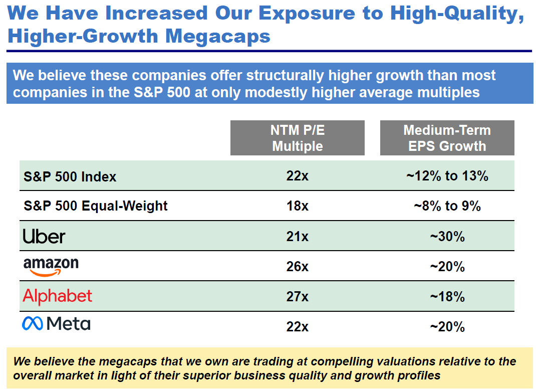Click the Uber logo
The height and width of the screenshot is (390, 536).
click(x=44, y=237)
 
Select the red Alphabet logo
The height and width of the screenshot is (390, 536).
click(x=58, y=296)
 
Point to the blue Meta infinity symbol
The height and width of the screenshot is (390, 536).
click(x=33, y=323)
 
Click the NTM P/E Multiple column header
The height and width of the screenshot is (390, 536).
click(x=298, y=138)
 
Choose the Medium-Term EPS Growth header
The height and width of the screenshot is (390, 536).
click(x=447, y=138)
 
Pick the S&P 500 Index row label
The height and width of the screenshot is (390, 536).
click(x=70, y=176)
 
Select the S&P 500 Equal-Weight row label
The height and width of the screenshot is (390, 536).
click(x=96, y=206)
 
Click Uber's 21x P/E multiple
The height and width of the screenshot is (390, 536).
click(x=298, y=237)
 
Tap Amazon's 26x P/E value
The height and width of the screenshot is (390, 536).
click(x=298, y=267)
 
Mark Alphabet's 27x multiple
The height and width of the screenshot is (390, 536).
click(x=298, y=297)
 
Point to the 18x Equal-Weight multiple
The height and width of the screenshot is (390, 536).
click(x=298, y=206)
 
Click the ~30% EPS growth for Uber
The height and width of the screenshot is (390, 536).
click(x=447, y=237)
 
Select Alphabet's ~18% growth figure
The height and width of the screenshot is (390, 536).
click(x=447, y=297)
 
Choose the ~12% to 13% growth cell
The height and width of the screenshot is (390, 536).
click(x=447, y=176)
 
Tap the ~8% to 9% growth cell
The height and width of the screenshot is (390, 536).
click(x=447, y=206)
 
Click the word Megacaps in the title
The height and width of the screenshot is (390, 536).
click(x=218, y=37)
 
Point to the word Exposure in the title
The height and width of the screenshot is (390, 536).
click(x=307, y=14)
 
